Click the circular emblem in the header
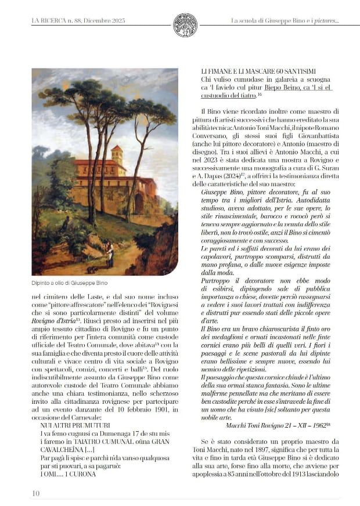point(185,25)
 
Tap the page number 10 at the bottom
point(36,493)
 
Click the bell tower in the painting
point(117,157)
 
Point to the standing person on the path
point(109,254)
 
